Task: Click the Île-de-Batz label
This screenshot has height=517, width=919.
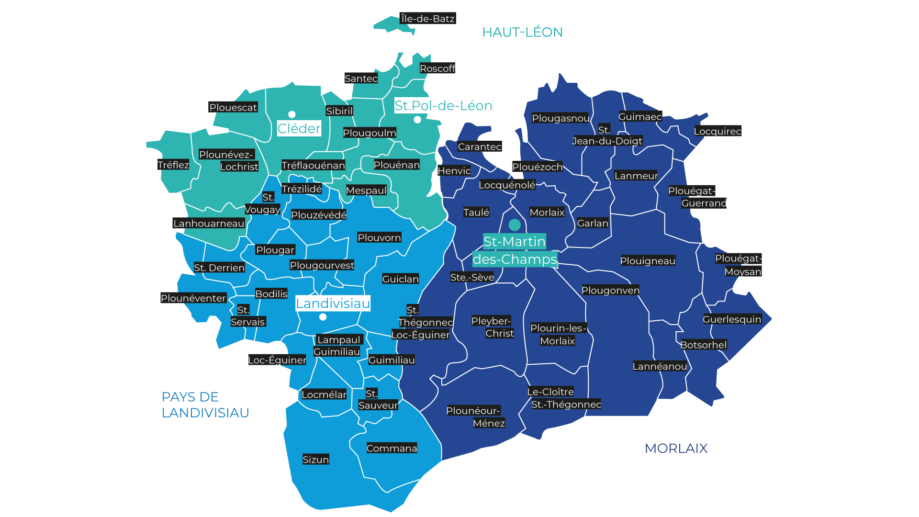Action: pos(427,19)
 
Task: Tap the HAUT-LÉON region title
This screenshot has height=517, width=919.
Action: pos(522,32)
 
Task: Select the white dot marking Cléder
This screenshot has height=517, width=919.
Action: pos(291,114)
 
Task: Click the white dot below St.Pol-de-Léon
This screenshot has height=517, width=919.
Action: pos(417,120)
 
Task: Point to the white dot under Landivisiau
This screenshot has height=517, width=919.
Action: pos(323,317)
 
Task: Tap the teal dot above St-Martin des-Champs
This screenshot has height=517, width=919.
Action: pos(515,225)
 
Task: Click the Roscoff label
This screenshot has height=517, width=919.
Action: pos(437,68)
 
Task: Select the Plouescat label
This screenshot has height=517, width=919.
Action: pos(233,107)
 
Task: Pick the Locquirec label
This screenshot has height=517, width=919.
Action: pos(717,131)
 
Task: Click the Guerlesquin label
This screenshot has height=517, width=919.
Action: pos(731,319)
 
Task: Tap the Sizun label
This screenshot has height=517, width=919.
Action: pos(315,460)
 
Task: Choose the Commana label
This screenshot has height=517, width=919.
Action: pos(392,448)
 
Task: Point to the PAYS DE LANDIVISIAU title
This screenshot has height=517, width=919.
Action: pos(205,405)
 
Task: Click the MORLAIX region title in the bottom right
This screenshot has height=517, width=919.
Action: pos(676,448)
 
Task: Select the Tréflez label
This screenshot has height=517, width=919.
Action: pos(173,165)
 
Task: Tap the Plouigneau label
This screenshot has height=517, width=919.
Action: pos(648,261)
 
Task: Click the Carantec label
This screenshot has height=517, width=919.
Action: pos(479,146)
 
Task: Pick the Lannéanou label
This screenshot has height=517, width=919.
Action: pos(659,366)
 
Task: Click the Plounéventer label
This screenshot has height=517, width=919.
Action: pos(193,298)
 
